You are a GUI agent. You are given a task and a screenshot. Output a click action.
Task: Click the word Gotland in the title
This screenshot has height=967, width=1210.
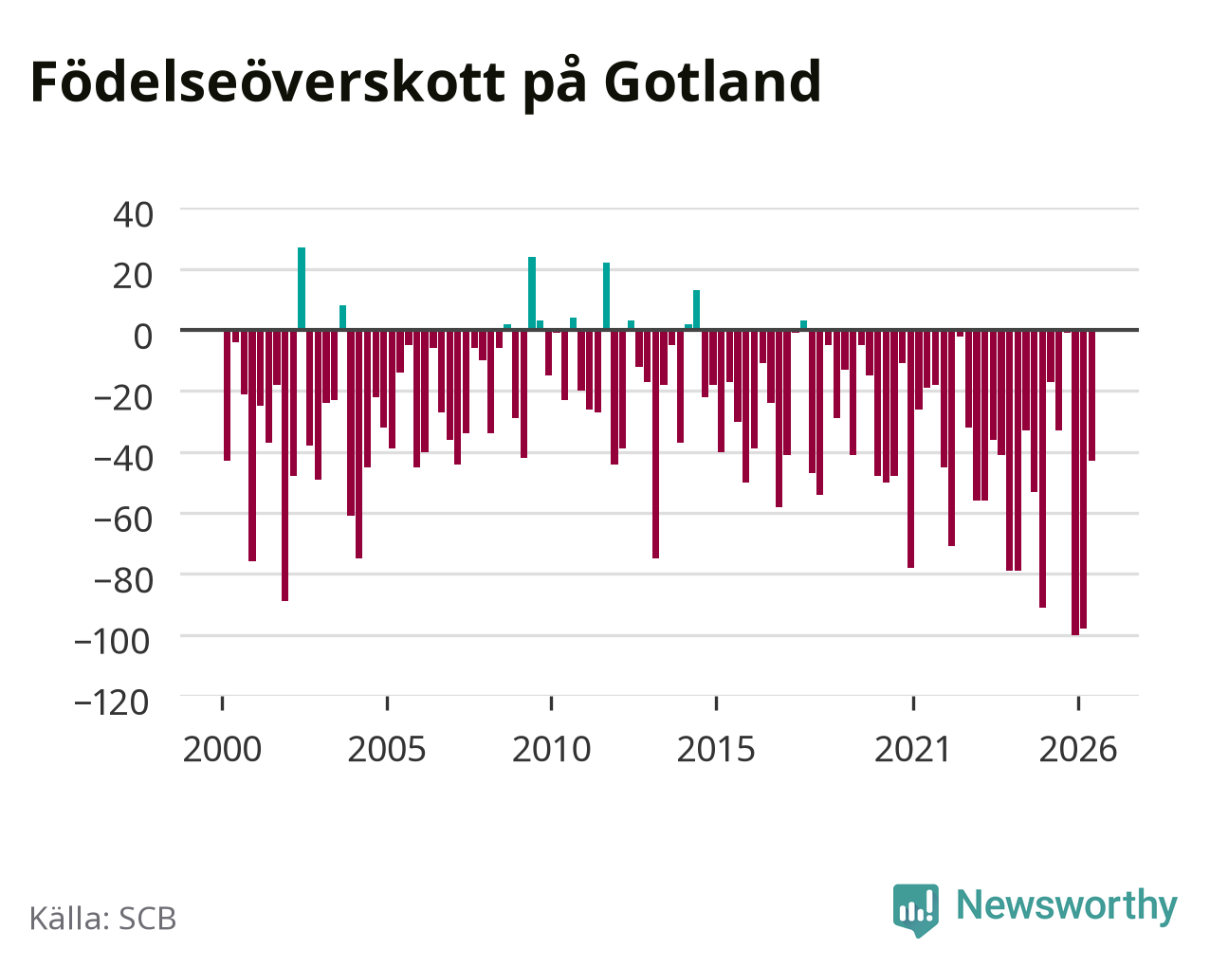tap(712, 82)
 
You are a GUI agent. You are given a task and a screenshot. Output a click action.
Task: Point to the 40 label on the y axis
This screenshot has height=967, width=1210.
tap(134, 215)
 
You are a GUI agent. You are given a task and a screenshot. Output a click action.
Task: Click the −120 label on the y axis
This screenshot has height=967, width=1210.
tap(112, 702)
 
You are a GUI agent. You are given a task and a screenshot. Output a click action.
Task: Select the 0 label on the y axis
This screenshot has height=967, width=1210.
tap(143, 337)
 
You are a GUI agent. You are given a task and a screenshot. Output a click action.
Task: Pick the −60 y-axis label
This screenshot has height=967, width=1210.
tap(123, 520)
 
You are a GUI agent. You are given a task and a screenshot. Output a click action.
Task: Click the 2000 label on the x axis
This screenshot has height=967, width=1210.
tap(222, 749)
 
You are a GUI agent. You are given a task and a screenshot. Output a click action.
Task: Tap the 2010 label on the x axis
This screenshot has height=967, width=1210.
tap(552, 749)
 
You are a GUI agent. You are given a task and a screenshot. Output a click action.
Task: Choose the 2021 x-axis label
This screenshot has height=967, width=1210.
tap(913, 749)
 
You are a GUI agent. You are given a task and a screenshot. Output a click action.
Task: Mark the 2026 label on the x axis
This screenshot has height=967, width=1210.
tap(1078, 749)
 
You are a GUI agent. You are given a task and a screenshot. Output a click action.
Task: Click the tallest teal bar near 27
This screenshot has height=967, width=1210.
tap(302, 288)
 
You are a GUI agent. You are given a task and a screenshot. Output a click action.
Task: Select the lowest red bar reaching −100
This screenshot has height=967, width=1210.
tap(1075, 483)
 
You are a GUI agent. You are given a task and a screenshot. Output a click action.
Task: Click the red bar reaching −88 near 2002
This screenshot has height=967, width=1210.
tap(285, 465)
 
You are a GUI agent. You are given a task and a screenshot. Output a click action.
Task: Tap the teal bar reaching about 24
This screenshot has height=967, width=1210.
tap(532, 293)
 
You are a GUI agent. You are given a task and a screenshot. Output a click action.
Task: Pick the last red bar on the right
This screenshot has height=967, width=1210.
tap(1091, 395)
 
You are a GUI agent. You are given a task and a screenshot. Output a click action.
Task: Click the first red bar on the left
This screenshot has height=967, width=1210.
tap(228, 395)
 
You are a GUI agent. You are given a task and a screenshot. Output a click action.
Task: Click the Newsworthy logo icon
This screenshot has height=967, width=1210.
tap(916, 909)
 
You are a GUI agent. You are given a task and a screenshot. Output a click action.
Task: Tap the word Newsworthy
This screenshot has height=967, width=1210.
tap(1067, 905)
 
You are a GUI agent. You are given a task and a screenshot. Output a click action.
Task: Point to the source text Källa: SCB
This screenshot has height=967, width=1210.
tap(103, 919)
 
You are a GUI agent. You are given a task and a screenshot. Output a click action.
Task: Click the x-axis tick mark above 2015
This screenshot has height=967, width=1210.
tap(716, 702)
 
